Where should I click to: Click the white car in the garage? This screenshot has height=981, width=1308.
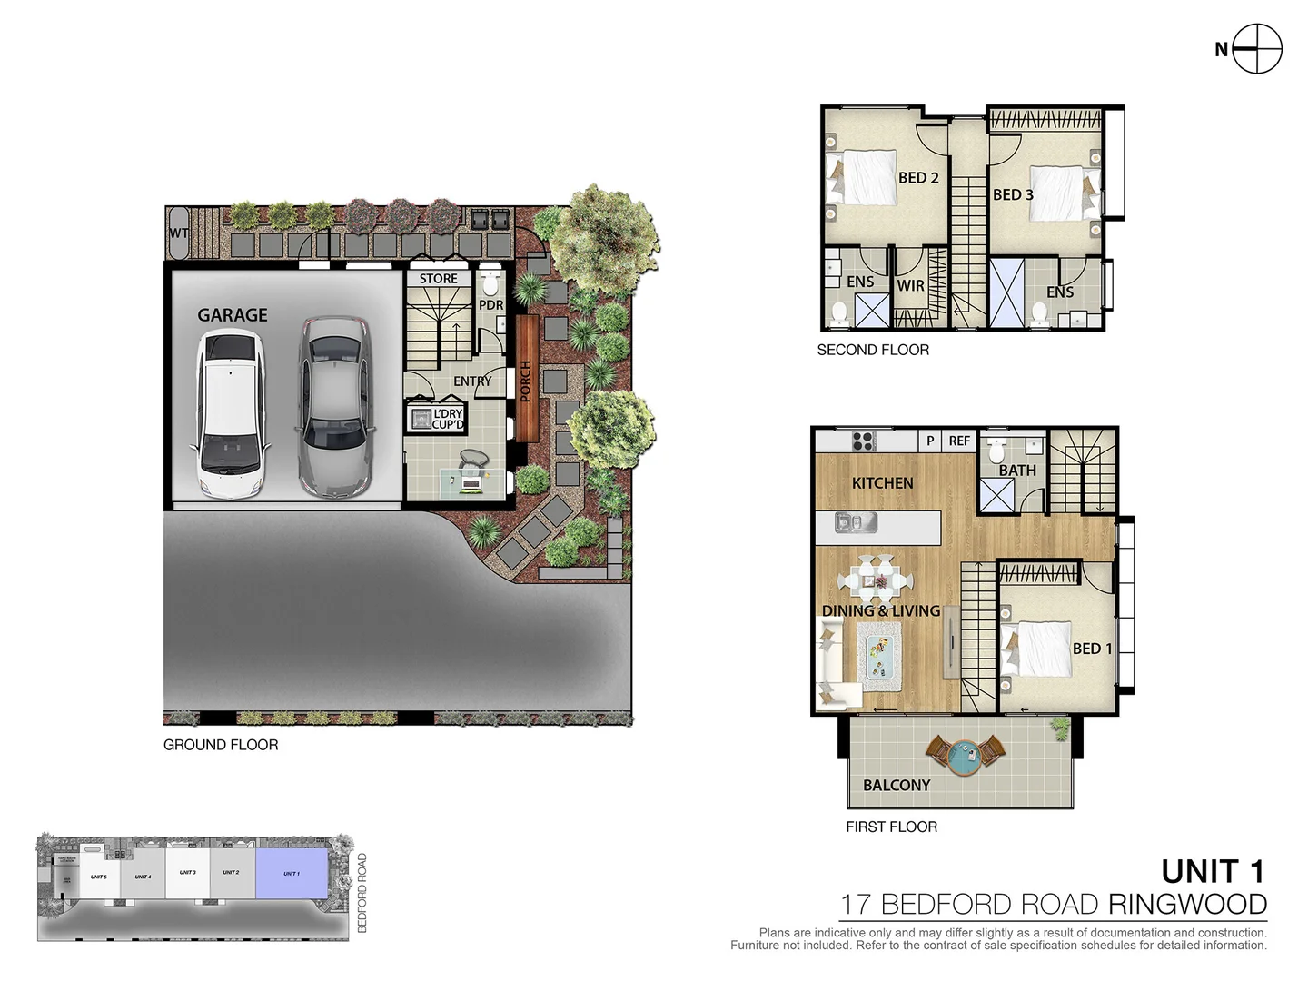(x=228, y=414)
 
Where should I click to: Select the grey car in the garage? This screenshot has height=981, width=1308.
(x=335, y=406)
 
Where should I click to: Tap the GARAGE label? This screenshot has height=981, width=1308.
(x=233, y=315)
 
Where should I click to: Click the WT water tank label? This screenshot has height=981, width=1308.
(x=178, y=233)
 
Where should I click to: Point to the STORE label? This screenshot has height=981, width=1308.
(x=438, y=279)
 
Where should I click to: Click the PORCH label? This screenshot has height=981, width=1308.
(x=526, y=381)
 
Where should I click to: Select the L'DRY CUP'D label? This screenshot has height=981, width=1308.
(x=447, y=419)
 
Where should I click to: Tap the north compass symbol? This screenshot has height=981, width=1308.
(x=1257, y=49)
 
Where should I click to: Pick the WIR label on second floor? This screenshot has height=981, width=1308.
(x=910, y=286)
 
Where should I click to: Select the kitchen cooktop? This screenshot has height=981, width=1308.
(x=863, y=441)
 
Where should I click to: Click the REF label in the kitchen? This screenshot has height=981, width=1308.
(x=959, y=441)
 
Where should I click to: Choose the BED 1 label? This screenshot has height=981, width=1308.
(x=1092, y=649)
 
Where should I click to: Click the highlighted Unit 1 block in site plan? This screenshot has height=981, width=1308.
(x=292, y=874)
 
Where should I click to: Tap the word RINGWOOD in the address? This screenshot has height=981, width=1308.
(x=1186, y=905)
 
